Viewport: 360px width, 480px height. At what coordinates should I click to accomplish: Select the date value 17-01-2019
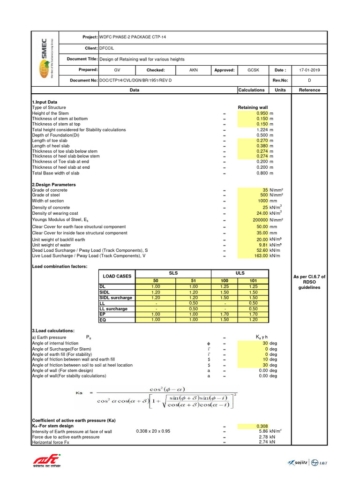pos(309,70)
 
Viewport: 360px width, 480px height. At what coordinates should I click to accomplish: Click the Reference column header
pos(309,90)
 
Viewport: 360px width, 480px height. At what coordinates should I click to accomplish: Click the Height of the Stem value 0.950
pos(262,113)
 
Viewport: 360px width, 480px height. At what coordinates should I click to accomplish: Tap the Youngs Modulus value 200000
pos(258,220)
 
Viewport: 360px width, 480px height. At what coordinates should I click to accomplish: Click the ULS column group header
pos(240,273)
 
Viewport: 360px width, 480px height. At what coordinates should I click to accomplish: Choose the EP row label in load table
pos(103,314)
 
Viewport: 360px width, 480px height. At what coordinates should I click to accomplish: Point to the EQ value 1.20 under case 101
pos(254,320)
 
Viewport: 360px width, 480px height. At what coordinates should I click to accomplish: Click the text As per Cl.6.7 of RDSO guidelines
pos(309,282)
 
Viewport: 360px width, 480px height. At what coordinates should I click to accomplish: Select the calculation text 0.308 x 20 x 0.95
pos(156,431)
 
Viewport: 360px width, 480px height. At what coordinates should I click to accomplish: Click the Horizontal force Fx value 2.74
pos(263,442)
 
